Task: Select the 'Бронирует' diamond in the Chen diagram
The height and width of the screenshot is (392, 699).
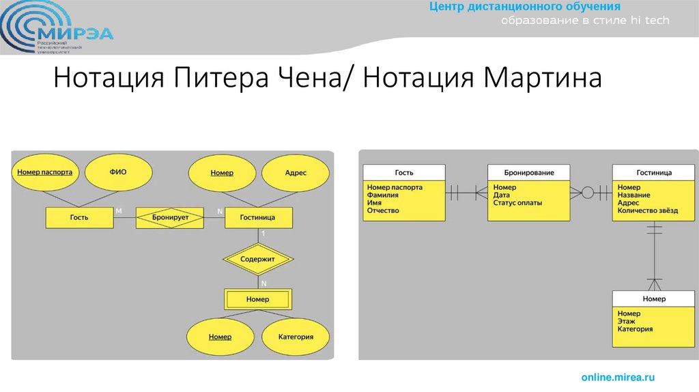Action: (x=171, y=218)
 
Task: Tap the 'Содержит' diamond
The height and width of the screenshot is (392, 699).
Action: (x=258, y=260)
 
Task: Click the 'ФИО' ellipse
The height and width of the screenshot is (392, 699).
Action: (x=118, y=173)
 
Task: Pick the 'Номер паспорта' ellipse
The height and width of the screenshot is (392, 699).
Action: (x=44, y=173)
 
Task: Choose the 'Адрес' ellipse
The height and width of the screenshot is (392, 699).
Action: (x=296, y=173)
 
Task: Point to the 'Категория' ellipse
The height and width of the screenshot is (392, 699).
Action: (x=296, y=337)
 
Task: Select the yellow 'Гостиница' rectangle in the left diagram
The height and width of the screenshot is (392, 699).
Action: (x=258, y=218)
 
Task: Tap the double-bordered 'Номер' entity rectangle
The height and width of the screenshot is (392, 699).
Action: (x=258, y=299)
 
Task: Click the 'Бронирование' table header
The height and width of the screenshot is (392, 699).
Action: (x=529, y=173)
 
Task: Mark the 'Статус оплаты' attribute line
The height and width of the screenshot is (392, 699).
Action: (x=517, y=203)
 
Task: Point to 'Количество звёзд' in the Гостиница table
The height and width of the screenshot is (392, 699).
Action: (x=648, y=211)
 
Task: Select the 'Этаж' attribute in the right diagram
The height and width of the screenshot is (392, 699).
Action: (x=627, y=321)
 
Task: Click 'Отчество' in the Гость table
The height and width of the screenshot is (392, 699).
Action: (x=383, y=211)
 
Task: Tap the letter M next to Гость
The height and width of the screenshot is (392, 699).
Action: (x=119, y=212)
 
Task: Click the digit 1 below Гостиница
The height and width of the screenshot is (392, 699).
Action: (x=263, y=234)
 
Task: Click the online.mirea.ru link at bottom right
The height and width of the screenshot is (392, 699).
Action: (x=618, y=377)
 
